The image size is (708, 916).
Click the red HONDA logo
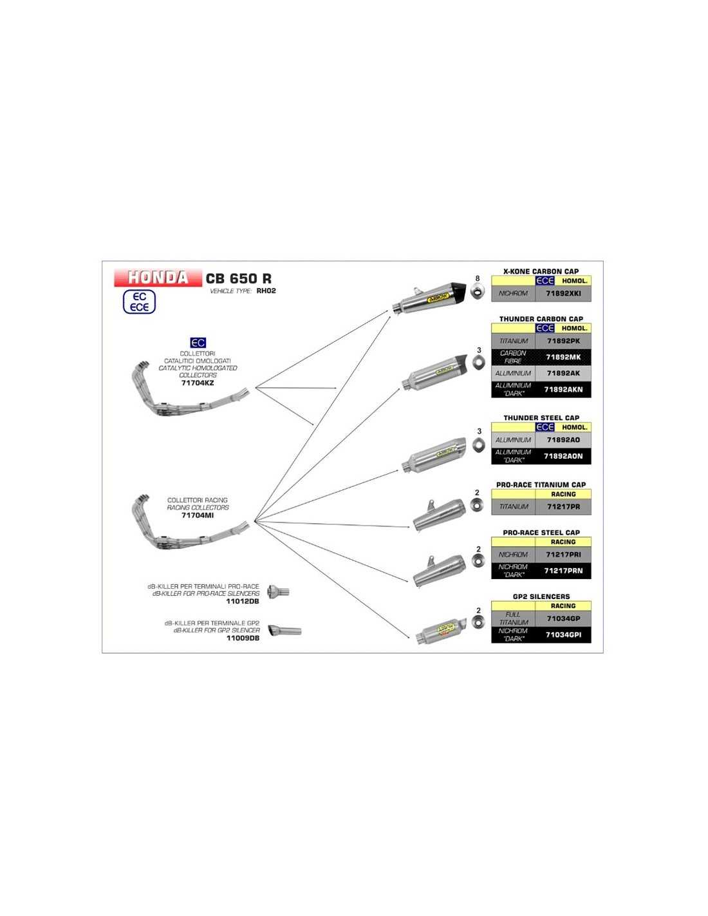pyautogui.click(x=158, y=278)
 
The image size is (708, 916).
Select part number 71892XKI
pyautogui.click(x=563, y=293)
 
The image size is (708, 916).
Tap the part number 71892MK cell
pyautogui.click(x=563, y=357)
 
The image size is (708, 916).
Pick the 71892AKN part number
pyautogui.click(x=563, y=390)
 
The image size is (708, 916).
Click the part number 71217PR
pyautogui.click(x=563, y=507)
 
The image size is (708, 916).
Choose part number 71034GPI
pyautogui.click(x=563, y=635)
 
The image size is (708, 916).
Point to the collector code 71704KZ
pyautogui.click(x=198, y=383)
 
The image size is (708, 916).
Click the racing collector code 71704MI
pyautogui.click(x=198, y=515)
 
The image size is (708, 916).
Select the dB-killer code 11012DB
pyautogui.click(x=243, y=601)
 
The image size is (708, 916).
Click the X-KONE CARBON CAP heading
pyautogui.click(x=541, y=271)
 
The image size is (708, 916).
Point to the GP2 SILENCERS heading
pyautogui.click(x=541, y=596)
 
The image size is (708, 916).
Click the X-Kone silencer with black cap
pyautogui.click(x=428, y=296)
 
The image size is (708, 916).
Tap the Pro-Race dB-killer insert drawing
pyautogui.click(x=279, y=591)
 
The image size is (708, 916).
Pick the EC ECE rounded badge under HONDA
pyautogui.click(x=140, y=302)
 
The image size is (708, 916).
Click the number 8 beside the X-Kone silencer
pyautogui.click(x=477, y=279)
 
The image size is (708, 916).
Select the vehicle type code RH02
pyautogui.click(x=266, y=291)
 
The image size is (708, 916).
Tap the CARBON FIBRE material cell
pyautogui.click(x=513, y=357)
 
